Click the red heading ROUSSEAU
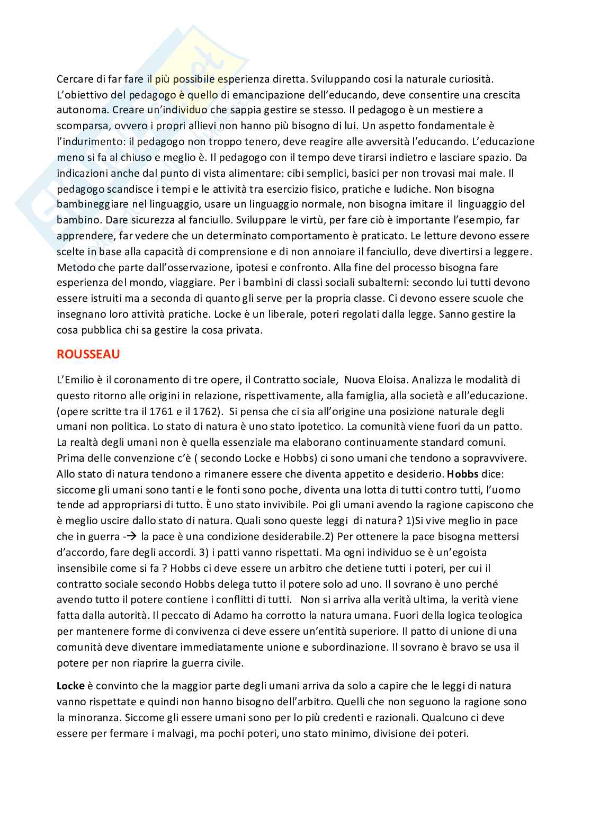point(88,355)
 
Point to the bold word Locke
point(70,686)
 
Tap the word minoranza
point(92,718)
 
